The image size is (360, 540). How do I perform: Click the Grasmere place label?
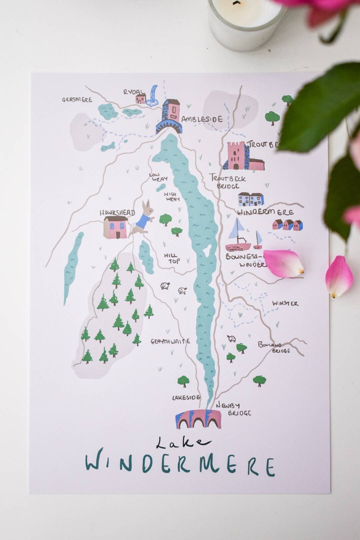77,100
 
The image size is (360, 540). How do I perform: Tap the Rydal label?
134,92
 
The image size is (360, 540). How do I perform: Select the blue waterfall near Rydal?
153,96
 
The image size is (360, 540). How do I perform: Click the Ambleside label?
202,119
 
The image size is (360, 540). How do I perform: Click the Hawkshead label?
117,213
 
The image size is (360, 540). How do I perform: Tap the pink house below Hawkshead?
115,227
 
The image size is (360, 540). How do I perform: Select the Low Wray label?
158,177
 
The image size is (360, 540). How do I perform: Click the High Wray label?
172,196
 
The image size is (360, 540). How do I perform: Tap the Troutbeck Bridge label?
228,182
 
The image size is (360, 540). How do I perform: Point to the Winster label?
285,303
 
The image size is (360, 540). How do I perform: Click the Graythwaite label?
170,341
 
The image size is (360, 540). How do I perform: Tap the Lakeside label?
186,397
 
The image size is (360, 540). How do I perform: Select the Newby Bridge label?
233,409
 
